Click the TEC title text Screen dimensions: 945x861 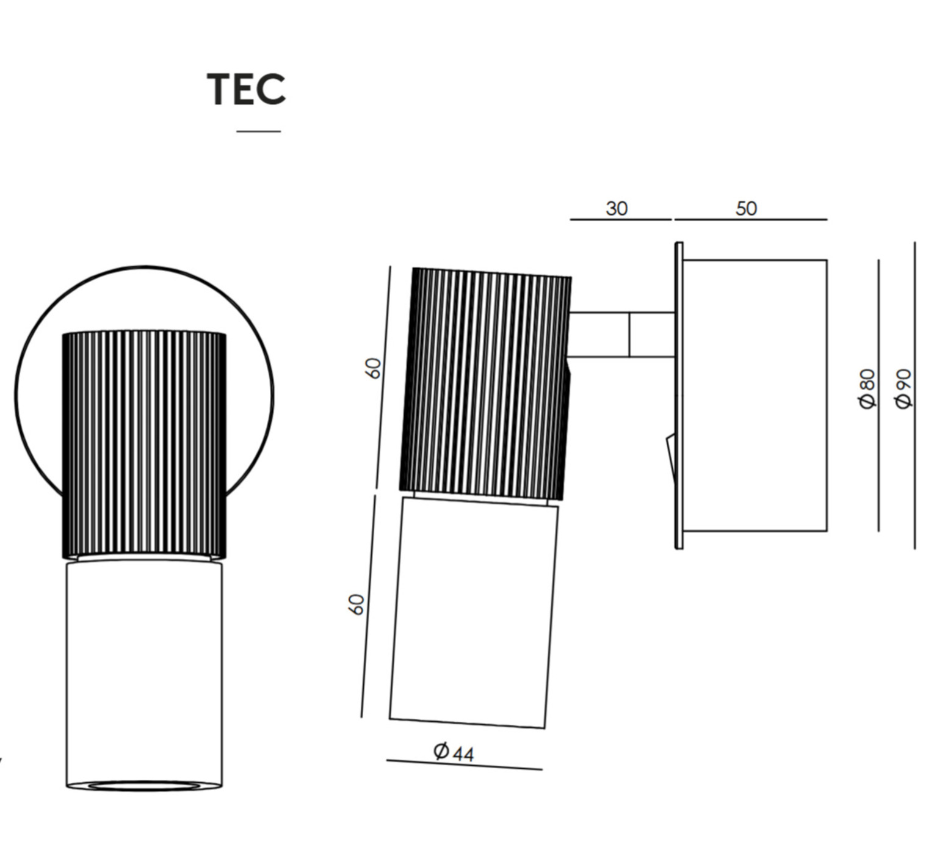pos(246,89)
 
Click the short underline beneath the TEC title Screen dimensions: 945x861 pos(258,131)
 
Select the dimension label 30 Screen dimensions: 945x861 pos(617,209)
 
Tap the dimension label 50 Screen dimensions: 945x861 pos(746,209)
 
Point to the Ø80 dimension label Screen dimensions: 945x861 pos(867,389)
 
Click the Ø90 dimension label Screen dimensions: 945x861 pos(903,388)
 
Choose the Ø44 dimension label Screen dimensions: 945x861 pos(454,752)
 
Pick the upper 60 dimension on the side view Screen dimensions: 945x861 pos(373,368)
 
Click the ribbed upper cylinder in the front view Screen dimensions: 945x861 pos(144,445)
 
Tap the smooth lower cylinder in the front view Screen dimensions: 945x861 pos(144,672)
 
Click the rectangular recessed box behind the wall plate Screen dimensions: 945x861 pos(755,396)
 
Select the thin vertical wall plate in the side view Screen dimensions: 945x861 pos(679,396)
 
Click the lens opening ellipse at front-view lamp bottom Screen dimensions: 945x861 pos(144,785)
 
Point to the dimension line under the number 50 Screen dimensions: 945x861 pos(750,219)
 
